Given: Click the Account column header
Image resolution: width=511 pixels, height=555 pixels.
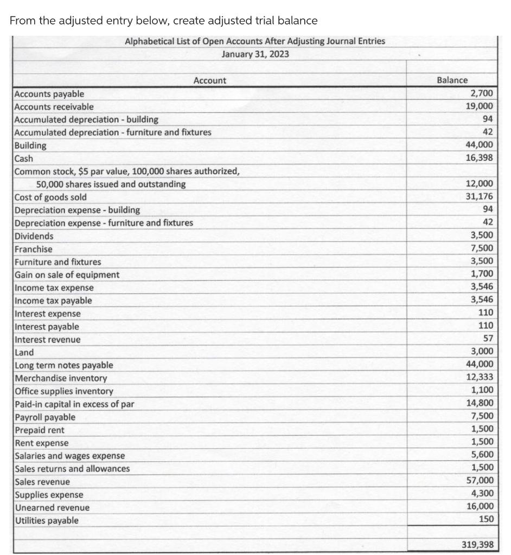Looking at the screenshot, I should (210, 81).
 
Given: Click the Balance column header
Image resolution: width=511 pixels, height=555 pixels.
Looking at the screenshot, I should (452, 80).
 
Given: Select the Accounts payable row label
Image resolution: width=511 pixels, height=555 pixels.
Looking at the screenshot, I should (49, 94).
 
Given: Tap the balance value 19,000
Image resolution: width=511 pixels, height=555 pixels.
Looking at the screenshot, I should (480, 107).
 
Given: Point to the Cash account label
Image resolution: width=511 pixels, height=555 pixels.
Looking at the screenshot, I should (24, 159).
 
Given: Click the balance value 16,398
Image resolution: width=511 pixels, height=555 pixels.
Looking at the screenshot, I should (480, 158).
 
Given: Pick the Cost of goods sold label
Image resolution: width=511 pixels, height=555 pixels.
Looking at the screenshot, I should (50, 197).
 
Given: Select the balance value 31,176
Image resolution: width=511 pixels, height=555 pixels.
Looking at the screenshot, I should (480, 197).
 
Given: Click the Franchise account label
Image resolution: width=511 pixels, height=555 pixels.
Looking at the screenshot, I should (34, 249).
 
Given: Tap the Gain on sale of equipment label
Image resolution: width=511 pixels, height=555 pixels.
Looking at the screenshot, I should (67, 275).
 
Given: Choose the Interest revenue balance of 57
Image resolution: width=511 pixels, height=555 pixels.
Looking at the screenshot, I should (487, 339).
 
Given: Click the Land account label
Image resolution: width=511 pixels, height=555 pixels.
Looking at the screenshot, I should (24, 352).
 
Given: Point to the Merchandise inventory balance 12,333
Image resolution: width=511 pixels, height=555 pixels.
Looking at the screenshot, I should (480, 377).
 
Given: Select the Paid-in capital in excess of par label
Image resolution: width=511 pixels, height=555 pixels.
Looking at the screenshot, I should (74, 404).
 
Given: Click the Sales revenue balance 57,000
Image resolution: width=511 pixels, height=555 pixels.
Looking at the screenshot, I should (480, 481).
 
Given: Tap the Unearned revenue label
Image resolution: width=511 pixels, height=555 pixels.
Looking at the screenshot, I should (52, 508).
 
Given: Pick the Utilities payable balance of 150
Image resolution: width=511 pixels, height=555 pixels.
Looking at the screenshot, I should (486, 520).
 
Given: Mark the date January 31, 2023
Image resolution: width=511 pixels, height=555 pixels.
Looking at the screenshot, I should (255, 54).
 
